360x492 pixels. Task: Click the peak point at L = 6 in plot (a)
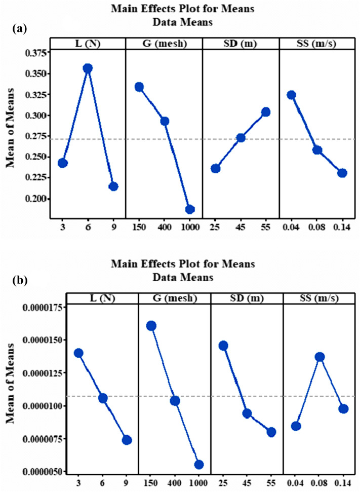tap(88, 68)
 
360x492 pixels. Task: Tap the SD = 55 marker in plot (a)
tap(265, 112)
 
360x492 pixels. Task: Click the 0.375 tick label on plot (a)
tap(33, 53)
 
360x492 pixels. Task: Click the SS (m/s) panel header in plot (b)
tap(319, 298)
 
